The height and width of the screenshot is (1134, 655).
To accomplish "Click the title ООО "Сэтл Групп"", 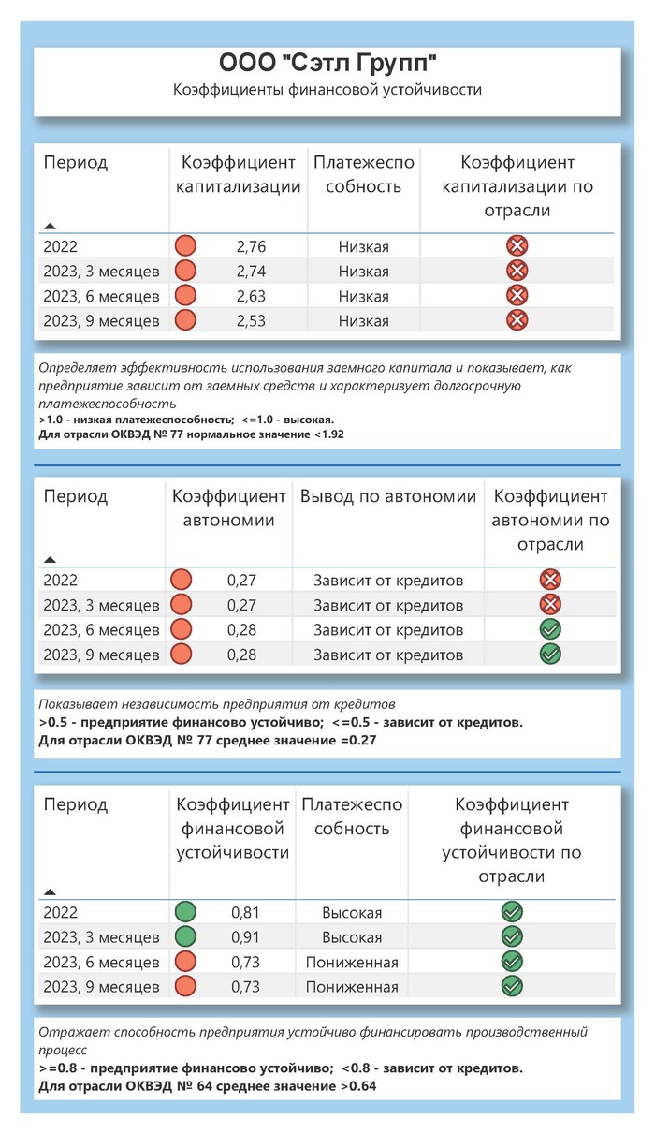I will pyautogui.click(x=327, y=64).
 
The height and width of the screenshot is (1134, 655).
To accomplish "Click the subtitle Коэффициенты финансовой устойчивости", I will pyautogui.click(x=327, y=90).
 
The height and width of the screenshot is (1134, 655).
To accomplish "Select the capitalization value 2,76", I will pyautogui.click(x=252, y=246).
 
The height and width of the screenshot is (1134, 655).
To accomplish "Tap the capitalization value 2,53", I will pyautogui.click(x=252, y=321).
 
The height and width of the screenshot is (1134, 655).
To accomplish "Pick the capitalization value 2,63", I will pyautogui.click(x=252, y=296).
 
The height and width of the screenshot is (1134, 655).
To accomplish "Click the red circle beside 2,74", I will pyautogui.click(x=185, y=272).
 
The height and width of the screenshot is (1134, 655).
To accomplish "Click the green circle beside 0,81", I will pyautogui.click(x=185, y=911).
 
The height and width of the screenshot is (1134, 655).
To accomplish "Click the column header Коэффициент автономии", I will pyautogui.click(x=228, y=508).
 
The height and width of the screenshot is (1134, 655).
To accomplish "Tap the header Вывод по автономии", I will pyautogui.click(x=388, y=496).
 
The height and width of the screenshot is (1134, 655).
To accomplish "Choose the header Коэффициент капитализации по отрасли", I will pyautogui.click(x=517, y=186).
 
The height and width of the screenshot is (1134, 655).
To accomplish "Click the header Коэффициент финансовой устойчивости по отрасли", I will pyautogui.click(x=511, y=840).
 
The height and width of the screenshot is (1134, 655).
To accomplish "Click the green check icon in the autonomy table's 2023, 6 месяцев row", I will pyautogui.click(x=550, y=629).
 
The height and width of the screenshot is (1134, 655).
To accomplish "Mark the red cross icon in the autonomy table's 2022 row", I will pyautogui.click(x=550, y=580).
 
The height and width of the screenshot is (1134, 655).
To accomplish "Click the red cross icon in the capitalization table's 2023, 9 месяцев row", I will pyautogui.click(x=517, y=321).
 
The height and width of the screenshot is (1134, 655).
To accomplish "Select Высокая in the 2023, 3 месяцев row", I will pyautogui.click(x=351, y=936).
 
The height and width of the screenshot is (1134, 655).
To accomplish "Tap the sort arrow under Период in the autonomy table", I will pyautogui.click(x=50, y=559).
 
